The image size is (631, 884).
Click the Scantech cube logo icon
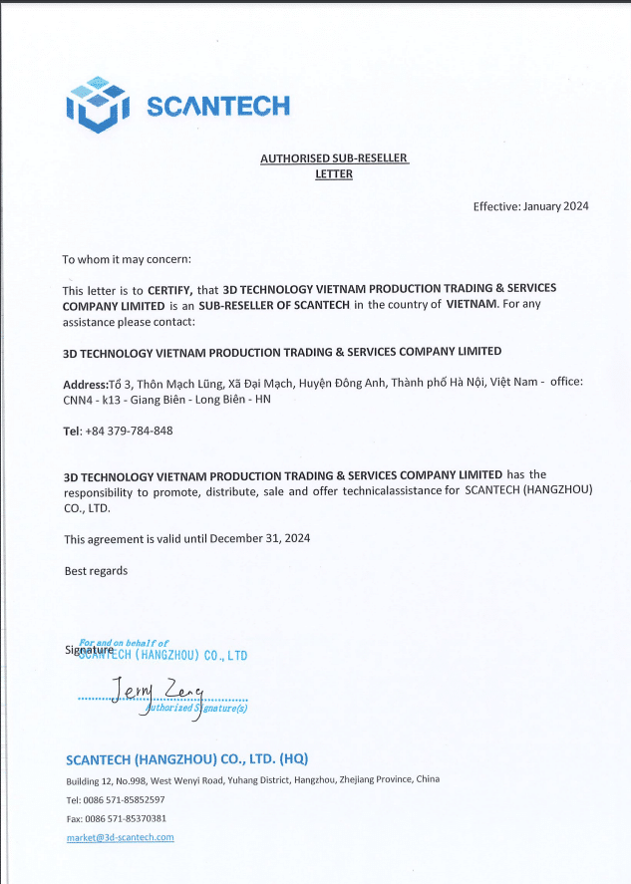(98, 105)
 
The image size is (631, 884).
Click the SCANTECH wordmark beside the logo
(218, 106)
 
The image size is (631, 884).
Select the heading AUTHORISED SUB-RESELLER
(334, 158)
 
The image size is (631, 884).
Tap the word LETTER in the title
(334, 173)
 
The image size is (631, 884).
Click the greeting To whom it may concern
(127, 259)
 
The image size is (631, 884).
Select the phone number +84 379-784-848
(130, 431)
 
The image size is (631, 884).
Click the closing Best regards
(96, 571)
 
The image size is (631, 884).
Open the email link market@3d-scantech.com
(121, 837)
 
